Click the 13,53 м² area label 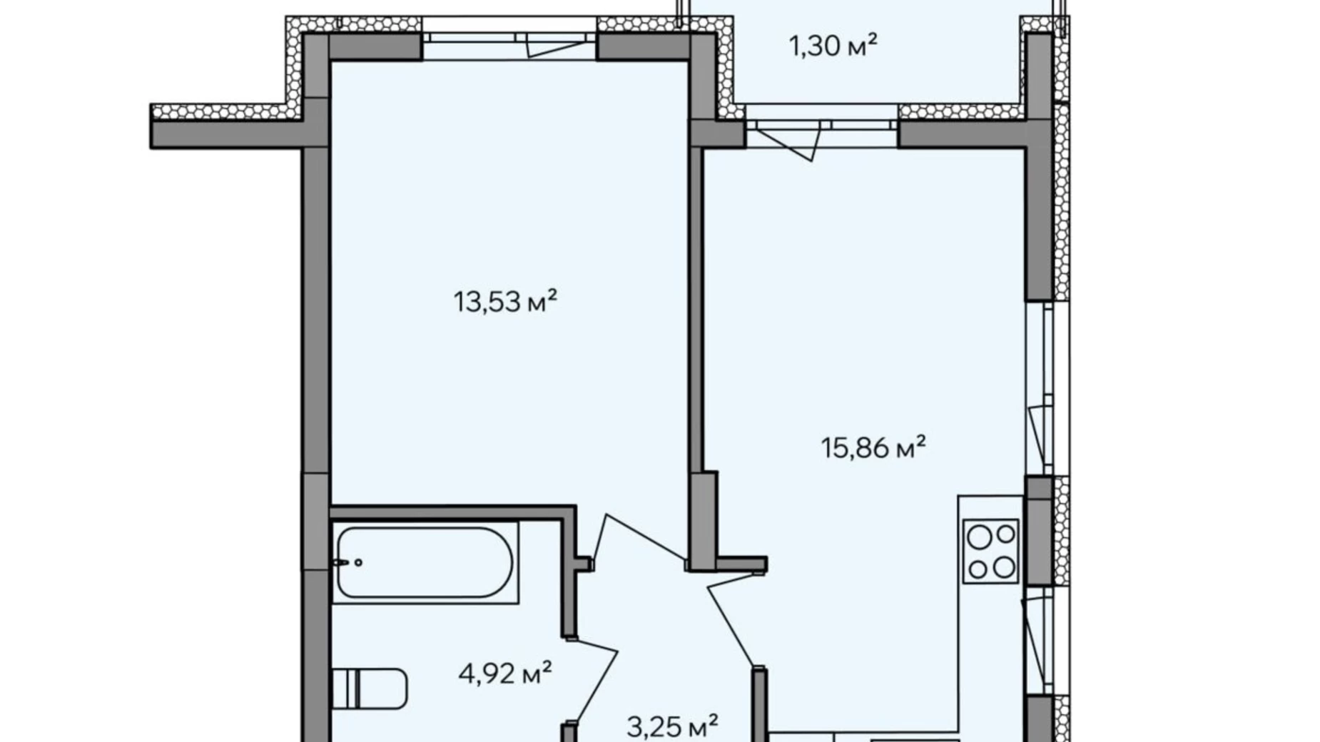point(505,302)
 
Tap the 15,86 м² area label point(873,448)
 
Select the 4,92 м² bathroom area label point(505,673)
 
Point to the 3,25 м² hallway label point(672,727)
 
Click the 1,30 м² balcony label point(833,46)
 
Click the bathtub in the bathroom point(425,563)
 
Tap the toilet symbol point(370,688)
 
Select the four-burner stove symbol point(991,551)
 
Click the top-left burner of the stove point(980,537)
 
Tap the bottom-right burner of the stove point(1005,567)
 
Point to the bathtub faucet point(347,562)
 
